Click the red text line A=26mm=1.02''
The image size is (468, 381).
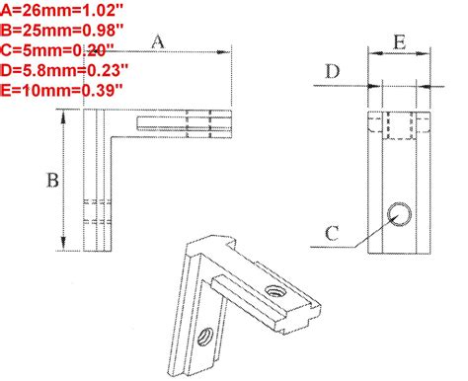click(x=61, y=11)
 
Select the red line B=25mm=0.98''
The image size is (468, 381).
click(x=62, y=31)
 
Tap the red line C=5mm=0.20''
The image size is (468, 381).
click(x=57, y=50)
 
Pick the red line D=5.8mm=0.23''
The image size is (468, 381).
click(x=64, y=70)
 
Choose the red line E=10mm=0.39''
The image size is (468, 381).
click(x=61, y=90)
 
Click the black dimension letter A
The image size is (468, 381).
click(x=158, y=42)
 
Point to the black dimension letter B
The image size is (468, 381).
click(x=52, y=181)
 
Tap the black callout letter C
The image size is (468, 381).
click(x=332, y=234)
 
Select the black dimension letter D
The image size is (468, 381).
click(x=333, y=71)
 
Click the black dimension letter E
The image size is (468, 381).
click(x=400, y=42)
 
